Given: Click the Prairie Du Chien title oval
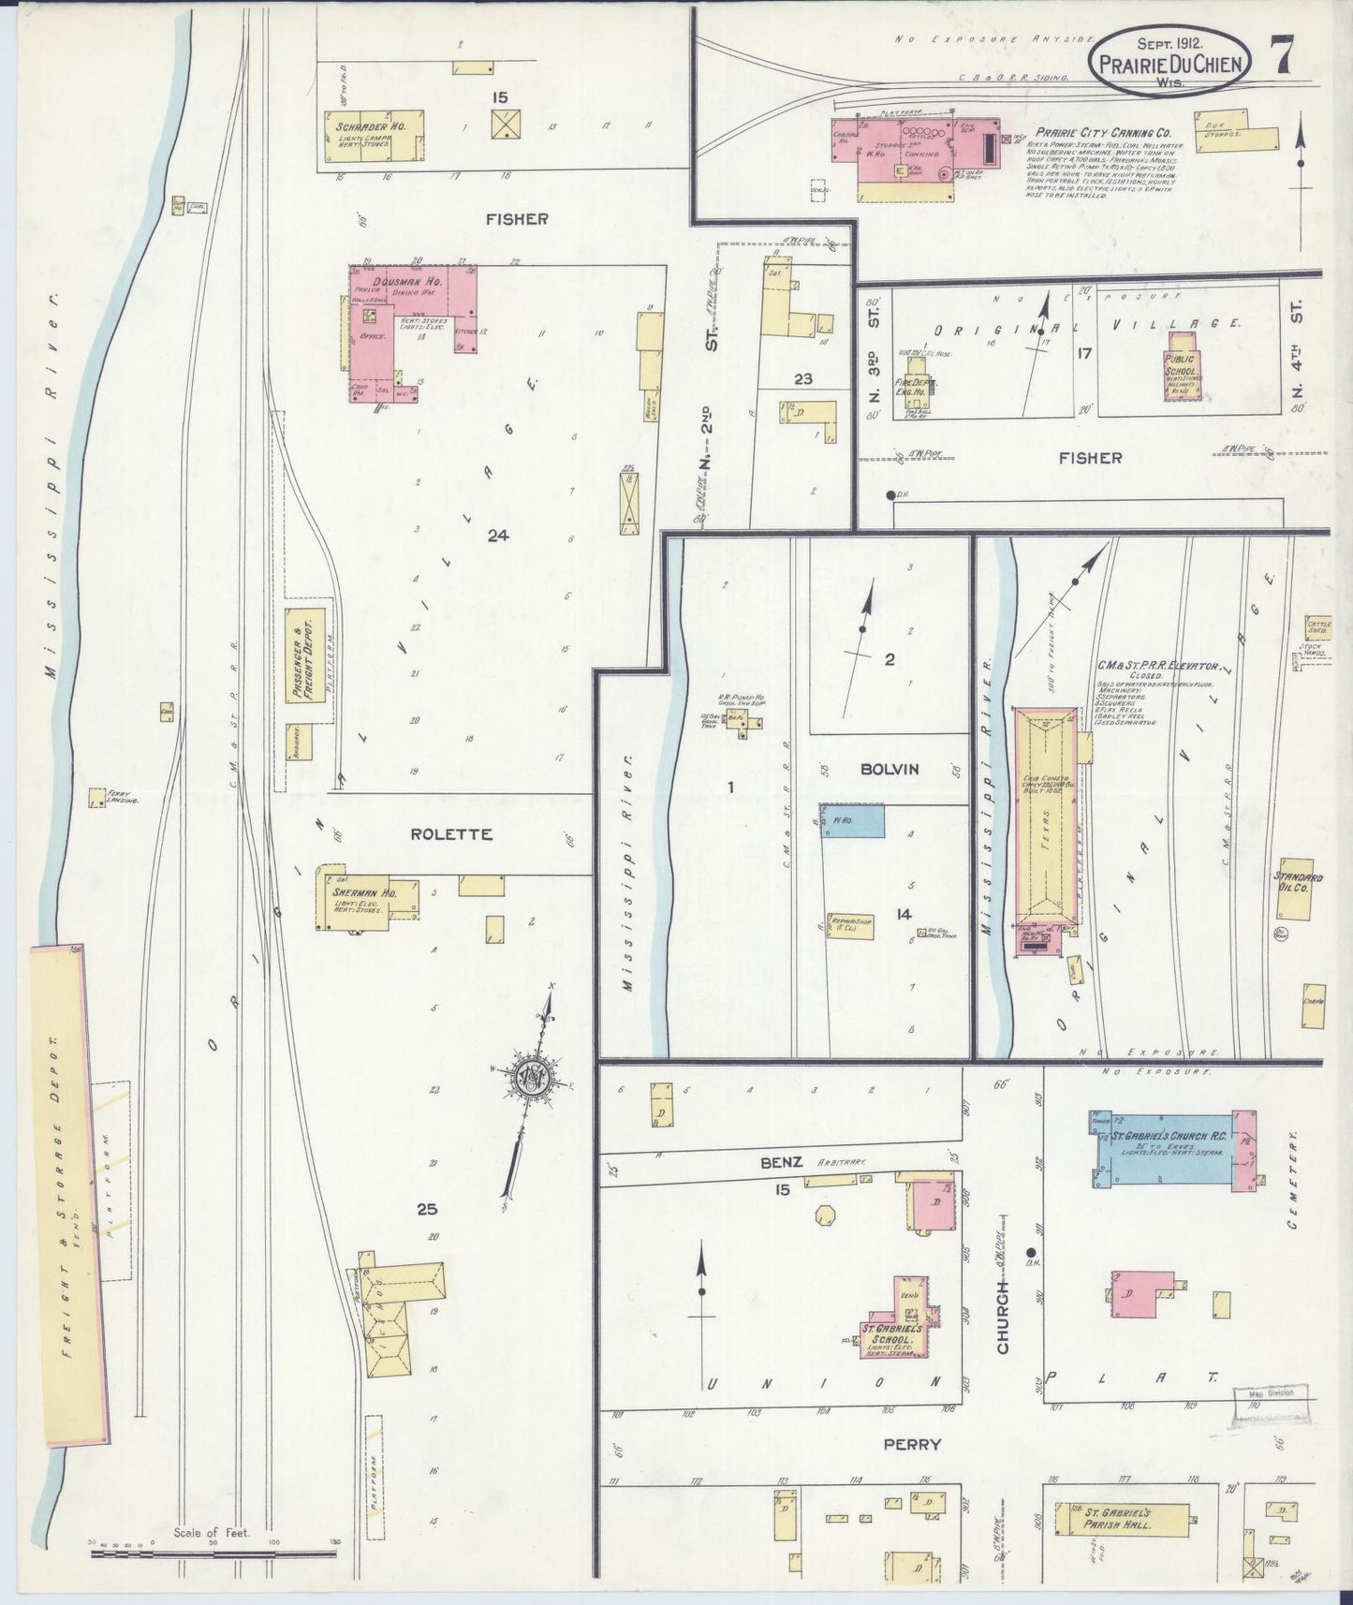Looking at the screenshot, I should coord(1173,60).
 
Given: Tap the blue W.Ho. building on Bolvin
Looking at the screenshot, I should coord(853,819).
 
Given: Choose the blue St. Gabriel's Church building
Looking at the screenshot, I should coord(1170,1147).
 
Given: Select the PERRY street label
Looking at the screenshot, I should coord(911,1444).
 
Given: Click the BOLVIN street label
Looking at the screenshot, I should coord(890,769).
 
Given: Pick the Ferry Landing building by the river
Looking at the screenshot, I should coord(96,797).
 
